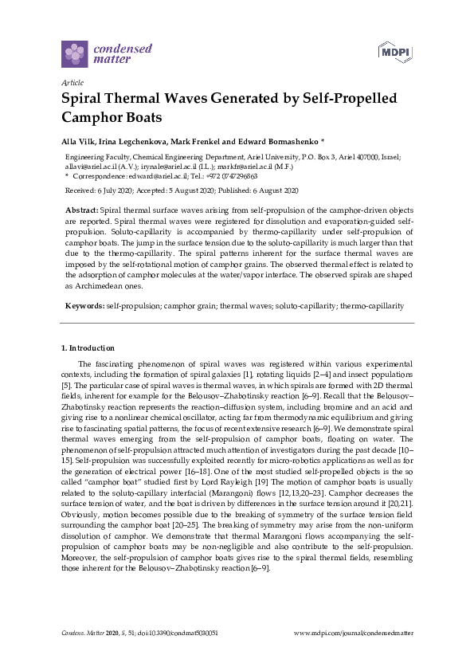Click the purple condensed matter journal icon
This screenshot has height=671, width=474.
point(75,54)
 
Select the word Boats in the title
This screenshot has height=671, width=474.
point(142,117)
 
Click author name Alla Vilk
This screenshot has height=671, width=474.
point(77,141)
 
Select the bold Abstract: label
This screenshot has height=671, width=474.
point(82,208)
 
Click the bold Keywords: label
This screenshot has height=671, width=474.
point(84,306)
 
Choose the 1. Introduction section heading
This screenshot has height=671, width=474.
point(88,348)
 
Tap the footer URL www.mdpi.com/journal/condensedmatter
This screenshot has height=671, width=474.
point(354,633)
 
